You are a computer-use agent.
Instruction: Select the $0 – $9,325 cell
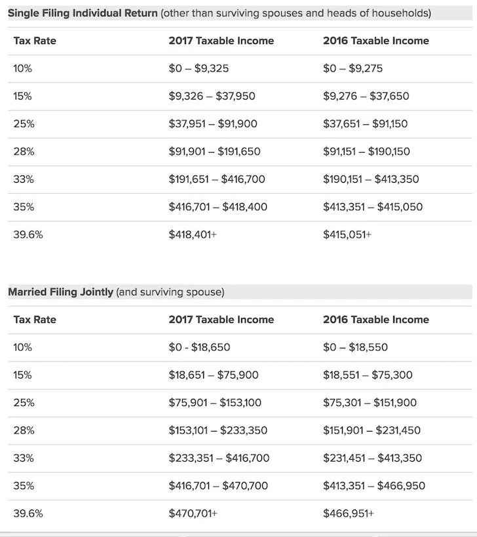tap(199, 68)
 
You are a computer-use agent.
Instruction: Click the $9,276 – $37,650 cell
tap(366, 96)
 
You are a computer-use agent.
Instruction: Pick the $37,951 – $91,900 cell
tap(213, 124)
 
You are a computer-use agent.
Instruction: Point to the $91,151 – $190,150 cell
tap(366, 151)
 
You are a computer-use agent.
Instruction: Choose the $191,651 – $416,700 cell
tap(217, 179)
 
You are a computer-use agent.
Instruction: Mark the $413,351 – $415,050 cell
tap(373, 207)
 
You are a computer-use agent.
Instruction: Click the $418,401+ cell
tap(193, 234)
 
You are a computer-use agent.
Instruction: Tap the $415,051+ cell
tap(347, 234)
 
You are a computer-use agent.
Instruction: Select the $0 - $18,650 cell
tap(199, 347)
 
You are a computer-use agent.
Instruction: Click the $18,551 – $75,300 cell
tap(368, 375)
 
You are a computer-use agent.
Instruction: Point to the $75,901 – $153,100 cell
tap(215, 402)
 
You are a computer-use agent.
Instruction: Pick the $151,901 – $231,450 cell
tap(372, 430)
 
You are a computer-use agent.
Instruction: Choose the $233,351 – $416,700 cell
tap(219, 458)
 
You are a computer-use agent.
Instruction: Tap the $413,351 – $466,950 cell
tap(374, 486)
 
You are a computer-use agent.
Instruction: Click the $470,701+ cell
tap(193, 513)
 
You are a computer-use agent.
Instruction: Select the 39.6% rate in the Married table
tap(28, 513)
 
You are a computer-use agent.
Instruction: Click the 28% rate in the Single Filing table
tap(24, 151)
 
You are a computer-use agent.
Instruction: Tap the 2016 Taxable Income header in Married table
tap(376, 320)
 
